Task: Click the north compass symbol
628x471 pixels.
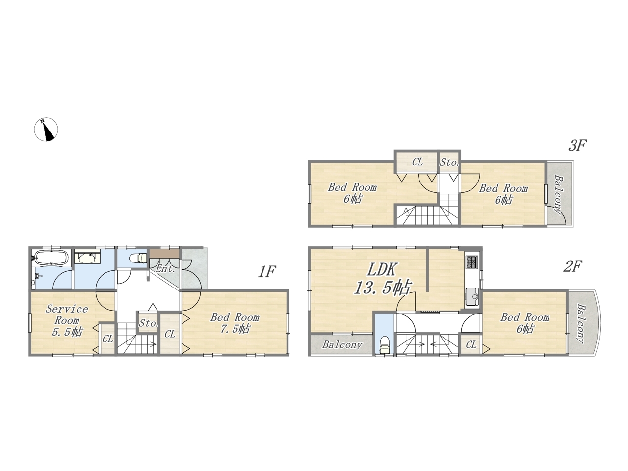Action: (46, 129)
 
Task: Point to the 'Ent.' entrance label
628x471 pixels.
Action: (165, 268)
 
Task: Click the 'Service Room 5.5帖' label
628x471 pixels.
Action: (67, 320)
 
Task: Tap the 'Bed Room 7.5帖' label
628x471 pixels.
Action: (235, 323)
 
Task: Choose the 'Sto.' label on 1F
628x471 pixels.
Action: (149, 323)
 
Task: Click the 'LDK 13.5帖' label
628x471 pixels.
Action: (382, 279)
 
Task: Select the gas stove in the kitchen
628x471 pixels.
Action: (472, 262)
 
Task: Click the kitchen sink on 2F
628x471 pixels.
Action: (472, 297)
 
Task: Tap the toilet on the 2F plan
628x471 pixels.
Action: (384, 345)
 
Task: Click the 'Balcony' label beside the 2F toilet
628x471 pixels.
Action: (342, 344)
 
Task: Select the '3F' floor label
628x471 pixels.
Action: (577, 146)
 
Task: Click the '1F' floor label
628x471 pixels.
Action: (266, 272)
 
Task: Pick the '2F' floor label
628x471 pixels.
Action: (573, 267)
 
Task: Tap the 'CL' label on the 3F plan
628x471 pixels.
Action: (417, 162)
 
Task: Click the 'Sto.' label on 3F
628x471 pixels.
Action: (449, 163)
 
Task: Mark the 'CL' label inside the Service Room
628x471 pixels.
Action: (107, 339)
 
